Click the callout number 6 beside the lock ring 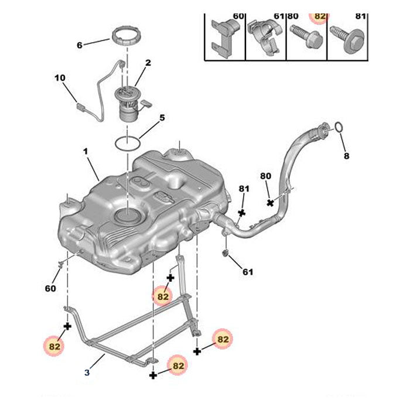(80, 45)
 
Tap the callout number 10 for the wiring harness (60, 77)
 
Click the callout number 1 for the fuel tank (85, 151)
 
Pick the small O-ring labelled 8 (339, 127)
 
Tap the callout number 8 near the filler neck (346, 156)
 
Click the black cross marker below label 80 (270, 203)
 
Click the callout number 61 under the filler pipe (248, 272)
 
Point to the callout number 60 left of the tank (50, 288)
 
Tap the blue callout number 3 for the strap (87, 372)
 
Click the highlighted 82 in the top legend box (320, 16)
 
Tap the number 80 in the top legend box (293, 16)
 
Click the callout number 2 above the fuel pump (148, 63)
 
